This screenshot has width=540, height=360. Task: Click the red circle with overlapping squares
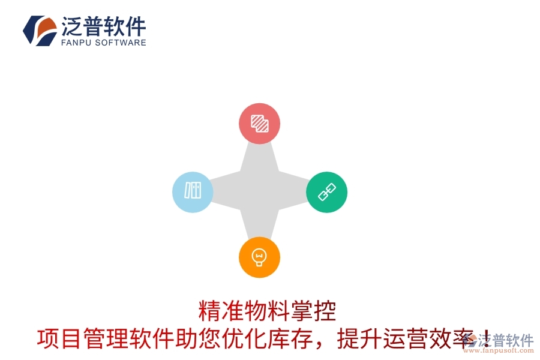point(259,124)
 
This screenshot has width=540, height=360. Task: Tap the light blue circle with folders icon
point(193,192)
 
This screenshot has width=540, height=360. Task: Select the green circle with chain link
point(326,192)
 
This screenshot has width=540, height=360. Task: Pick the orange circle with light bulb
point(259,257)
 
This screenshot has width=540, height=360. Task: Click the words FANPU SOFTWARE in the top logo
point(103,43)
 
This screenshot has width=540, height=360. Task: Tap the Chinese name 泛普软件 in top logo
point(103,26)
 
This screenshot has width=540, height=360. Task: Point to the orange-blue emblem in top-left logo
point(40,30)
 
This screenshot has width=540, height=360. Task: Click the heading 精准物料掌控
point(267,311)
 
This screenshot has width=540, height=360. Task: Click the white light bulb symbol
point(259,257)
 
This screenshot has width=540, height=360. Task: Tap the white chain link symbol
point(326,192)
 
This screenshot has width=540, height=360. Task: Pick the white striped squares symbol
point(259,124)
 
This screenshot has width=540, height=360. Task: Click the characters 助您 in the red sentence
point(194,339)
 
